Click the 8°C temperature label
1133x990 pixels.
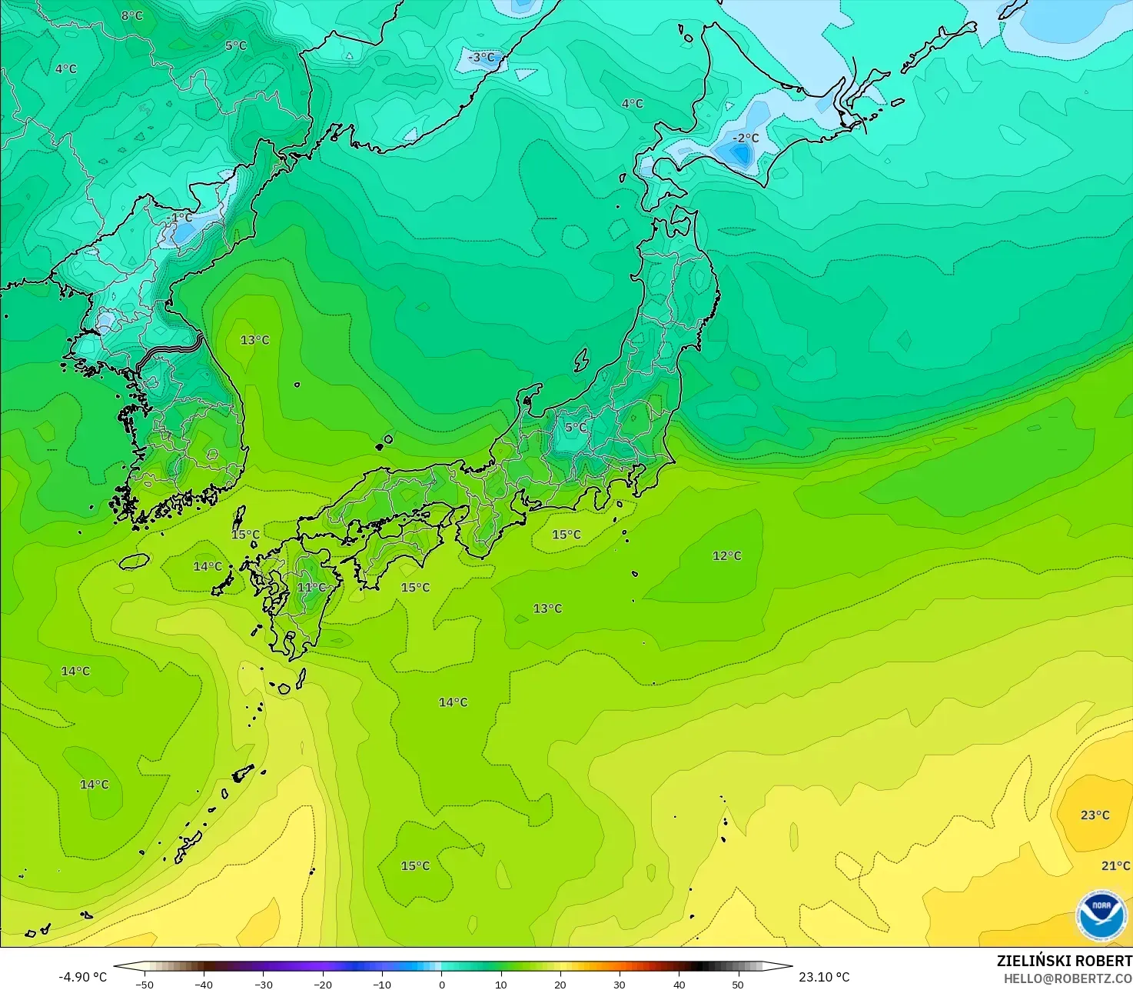132,15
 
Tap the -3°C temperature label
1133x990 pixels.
482,58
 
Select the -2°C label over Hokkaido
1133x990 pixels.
746,138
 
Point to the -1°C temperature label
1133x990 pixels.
181,218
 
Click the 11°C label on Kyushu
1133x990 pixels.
311,588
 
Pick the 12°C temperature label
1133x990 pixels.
727,556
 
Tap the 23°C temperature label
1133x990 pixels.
1095,815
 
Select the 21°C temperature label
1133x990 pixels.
1115,866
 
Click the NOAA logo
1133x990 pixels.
1101,915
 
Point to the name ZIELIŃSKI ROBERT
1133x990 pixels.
1064,961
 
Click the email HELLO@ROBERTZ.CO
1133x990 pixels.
1068,978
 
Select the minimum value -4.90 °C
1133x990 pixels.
83,977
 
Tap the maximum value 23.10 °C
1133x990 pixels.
824,977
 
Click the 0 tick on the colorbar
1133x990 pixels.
442,984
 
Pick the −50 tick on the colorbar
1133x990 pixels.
144,984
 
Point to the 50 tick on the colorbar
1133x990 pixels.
739,984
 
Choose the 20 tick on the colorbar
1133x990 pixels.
560,984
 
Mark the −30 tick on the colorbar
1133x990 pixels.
263,984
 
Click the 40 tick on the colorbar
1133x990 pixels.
679,984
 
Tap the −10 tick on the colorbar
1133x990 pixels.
382,984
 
